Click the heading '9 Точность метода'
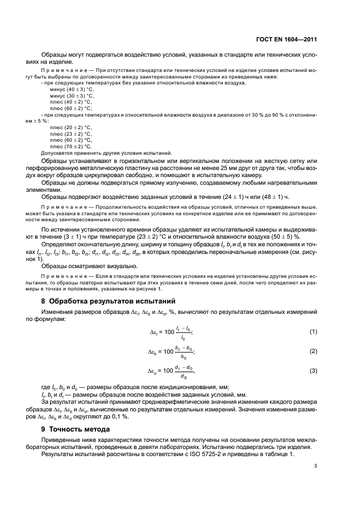(x=75, y=429)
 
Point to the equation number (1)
(x=313, y=332)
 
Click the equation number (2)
(x=313, y=351)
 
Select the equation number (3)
(x=313, y=371)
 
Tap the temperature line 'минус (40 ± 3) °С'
(x=71, y=89)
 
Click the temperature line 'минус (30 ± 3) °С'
(x=71, y=95)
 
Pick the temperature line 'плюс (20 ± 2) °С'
(x=70, y=127)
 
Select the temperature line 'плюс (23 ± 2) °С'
(x=70, y=133)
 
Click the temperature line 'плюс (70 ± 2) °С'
(x=70, y=147)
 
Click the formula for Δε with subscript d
(x=170, y=372)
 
